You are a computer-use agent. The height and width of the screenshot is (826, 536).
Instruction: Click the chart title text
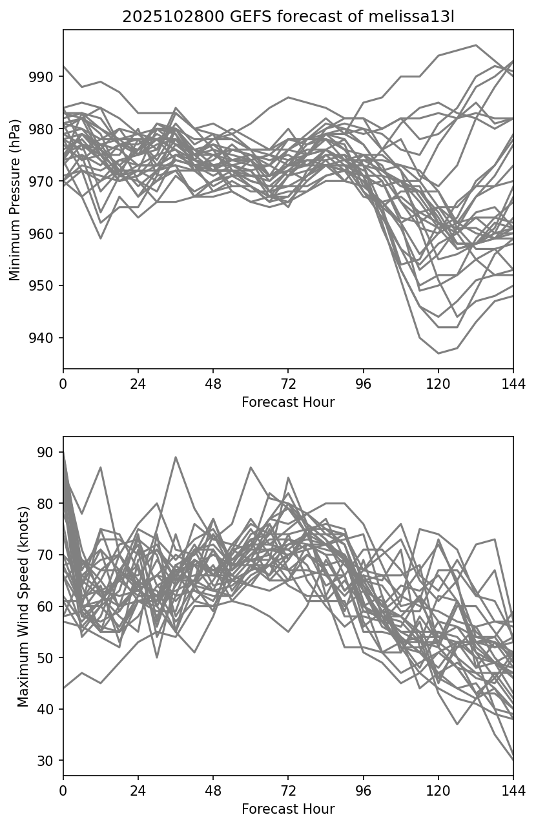click(288, 17)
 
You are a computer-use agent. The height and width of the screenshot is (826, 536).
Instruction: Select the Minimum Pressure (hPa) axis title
click(15, 200)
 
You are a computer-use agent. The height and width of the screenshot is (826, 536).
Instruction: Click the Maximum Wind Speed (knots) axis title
click(23, 606)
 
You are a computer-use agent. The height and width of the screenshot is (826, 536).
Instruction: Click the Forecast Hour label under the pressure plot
click(288, 402)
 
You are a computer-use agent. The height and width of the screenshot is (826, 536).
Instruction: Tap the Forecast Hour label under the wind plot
click(288, 809)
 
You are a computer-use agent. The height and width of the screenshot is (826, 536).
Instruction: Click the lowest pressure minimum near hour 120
click(438, 353)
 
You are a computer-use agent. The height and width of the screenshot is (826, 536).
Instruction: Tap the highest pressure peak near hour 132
click(476, 45)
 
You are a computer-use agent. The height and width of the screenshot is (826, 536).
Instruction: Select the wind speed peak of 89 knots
click(176, 457)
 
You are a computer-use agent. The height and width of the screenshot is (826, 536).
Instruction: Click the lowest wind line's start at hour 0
click(64, 688)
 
